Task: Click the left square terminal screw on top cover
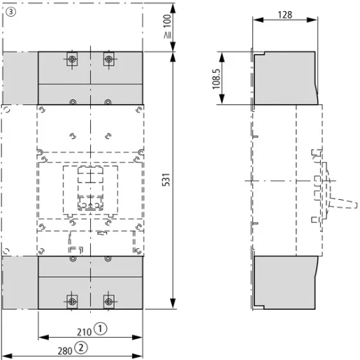click(x=73, y=59)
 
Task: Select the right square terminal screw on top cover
click(x=108, y=59)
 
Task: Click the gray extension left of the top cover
click(x=20, y=78)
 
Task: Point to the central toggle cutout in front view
click(x=90, y=189)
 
